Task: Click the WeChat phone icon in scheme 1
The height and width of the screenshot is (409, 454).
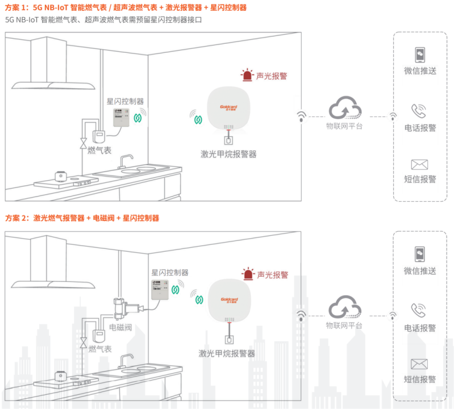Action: point(419,55)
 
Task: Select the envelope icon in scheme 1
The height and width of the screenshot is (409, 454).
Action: point(419,165)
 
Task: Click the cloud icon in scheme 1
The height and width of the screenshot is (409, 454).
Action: point(345,107)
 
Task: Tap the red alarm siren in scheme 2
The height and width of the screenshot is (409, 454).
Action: point(248,274)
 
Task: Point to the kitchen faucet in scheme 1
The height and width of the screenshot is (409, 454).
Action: point(128,161)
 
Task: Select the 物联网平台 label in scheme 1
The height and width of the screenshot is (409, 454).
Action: point(344,126)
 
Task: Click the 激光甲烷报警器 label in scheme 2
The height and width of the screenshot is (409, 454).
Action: point(227,353)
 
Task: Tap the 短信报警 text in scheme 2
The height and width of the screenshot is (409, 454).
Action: point(420,379)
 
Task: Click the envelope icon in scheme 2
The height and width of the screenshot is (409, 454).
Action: point(419,364)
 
